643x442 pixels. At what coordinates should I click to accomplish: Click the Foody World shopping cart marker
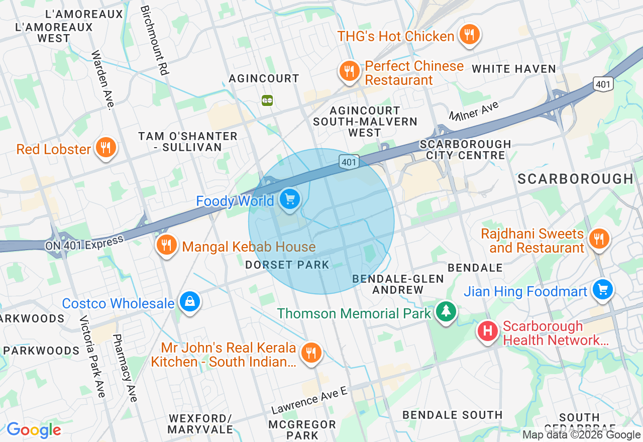289,199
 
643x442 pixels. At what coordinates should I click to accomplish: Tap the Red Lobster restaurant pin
105,148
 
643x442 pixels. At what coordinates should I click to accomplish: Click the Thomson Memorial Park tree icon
446,311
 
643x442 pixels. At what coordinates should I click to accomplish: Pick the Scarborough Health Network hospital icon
487,331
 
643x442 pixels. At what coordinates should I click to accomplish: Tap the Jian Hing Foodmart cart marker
602,289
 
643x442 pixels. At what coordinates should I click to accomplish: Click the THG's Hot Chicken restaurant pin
470,35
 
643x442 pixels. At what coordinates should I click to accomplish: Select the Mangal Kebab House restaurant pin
167,245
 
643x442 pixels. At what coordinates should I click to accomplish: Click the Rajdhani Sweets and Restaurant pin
598,238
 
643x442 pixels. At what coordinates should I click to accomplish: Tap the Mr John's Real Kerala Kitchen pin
311,352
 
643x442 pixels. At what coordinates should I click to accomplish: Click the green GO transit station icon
267,100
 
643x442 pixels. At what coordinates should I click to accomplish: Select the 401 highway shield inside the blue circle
349,162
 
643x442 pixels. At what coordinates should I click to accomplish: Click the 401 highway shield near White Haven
603,84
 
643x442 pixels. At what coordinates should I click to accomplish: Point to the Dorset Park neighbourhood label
287,265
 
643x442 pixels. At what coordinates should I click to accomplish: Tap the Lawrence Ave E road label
309,400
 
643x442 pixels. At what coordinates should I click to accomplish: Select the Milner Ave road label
474,111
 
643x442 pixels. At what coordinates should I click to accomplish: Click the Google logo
34,430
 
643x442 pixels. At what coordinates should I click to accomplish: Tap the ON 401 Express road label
84,244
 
